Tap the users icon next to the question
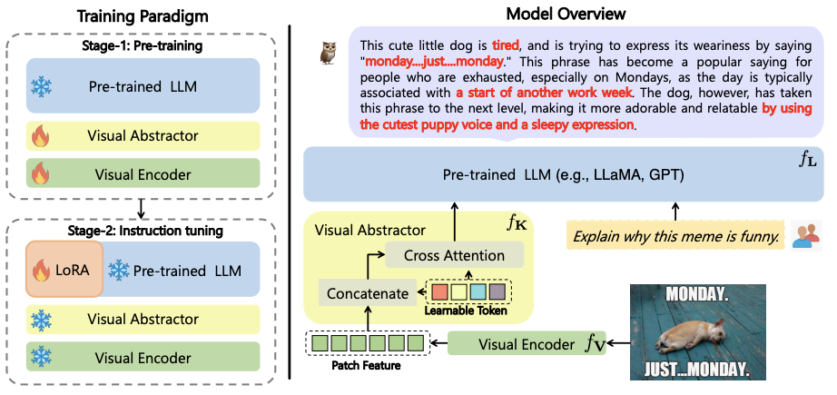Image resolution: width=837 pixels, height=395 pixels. pos(803,236)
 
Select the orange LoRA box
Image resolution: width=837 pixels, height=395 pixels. pos(64,270)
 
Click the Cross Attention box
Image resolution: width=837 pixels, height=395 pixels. pos(454,256)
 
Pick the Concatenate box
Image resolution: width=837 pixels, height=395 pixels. pos(366,292)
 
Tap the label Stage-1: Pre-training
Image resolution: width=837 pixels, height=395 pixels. pos(143,45)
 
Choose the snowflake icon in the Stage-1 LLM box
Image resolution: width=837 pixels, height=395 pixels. pos(42,87)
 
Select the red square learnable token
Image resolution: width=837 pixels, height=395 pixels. pos(439,292)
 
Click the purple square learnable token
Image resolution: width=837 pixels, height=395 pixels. pos(497,292)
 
